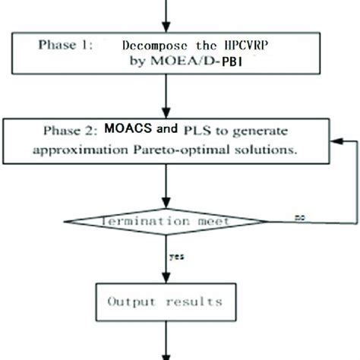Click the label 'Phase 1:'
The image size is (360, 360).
pos(68,45)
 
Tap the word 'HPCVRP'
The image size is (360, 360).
pos(245,46)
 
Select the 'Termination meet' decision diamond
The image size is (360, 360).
pos(166,221)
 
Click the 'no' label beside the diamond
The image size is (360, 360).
pos(302,217)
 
